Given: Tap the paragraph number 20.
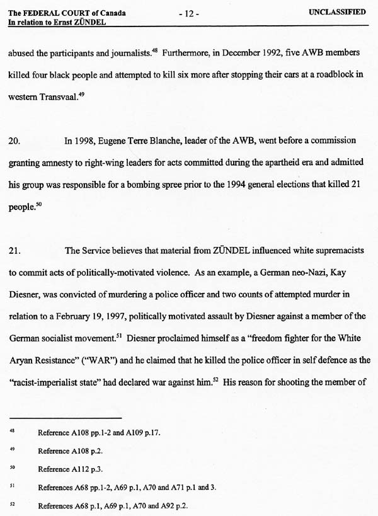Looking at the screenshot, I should pyautogui.click(x=14, y=141).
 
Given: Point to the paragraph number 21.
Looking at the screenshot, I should pyautogui.click(x=14, y=251).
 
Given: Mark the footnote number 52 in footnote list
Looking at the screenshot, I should pyautogui.click(x=12, y=505).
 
